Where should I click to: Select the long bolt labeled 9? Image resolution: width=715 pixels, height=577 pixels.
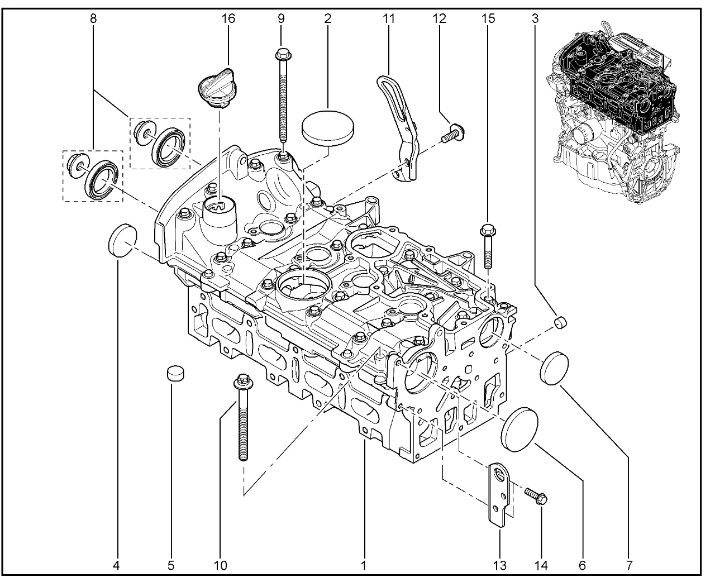coord(282,101)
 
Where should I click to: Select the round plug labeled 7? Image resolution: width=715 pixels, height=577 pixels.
coord(555,368)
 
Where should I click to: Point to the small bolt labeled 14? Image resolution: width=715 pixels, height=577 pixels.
coord(537,495)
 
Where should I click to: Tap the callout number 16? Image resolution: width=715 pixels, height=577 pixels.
coord(228,18)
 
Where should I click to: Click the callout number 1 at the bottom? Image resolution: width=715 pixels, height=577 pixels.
coord(364,565)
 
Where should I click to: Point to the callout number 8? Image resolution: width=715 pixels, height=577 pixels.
coord(93,18)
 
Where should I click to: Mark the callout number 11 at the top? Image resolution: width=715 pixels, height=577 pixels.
coord(389,18)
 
